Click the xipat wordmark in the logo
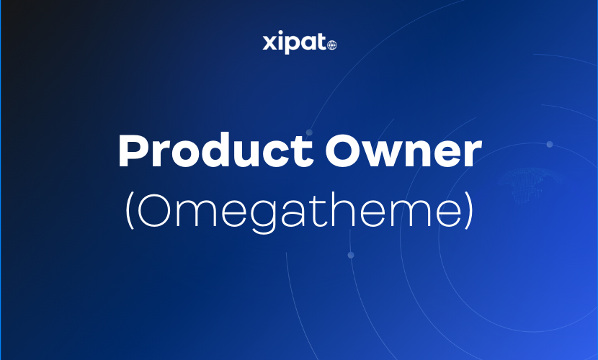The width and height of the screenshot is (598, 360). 294,43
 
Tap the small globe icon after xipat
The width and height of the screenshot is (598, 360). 331,45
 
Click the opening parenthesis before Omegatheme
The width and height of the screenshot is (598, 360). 130,210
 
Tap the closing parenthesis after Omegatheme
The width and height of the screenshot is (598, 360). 469,210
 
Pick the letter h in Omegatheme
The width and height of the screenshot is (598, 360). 342,208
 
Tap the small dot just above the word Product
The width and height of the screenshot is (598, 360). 309,132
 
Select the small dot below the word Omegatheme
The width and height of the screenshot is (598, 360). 351,255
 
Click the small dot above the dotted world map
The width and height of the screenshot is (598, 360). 549,144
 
